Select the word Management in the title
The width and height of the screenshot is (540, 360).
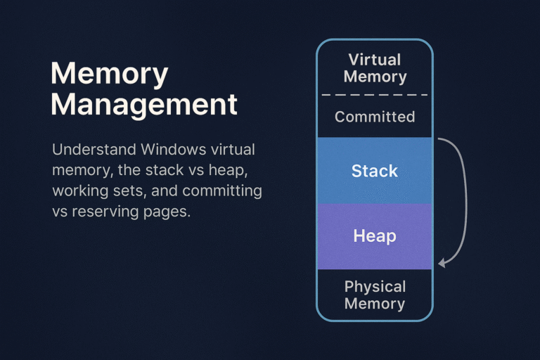coord(144,105)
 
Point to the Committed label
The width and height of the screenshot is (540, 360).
coord(375,117)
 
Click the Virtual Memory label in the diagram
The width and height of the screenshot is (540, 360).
coord(375,68)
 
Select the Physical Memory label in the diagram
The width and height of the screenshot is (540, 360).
coord(375,295)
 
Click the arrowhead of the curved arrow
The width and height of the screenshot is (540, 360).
coord(442,263)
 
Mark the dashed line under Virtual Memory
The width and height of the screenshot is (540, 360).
coord(375,95)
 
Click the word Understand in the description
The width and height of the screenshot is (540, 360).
coord(91,150)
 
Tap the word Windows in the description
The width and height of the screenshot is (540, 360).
coord(169,150)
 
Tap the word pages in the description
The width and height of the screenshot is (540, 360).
coord(169,211)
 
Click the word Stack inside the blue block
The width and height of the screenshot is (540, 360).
coord(375,171)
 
